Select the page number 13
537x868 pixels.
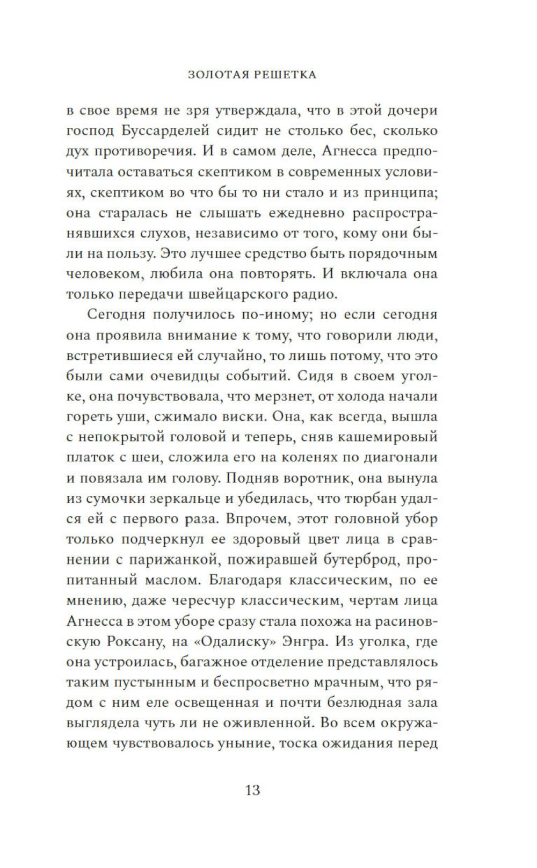pos(252,790)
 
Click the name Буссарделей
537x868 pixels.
pos(173,131)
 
